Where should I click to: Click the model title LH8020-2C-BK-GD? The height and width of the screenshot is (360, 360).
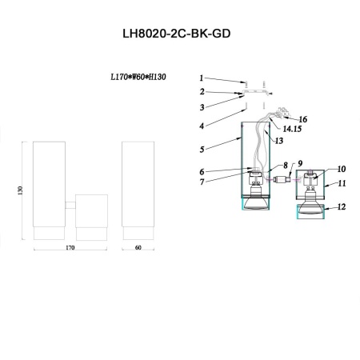(180, 37)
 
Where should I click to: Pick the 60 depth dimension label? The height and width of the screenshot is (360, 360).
(138, 249)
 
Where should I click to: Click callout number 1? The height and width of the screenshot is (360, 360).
(202, 78)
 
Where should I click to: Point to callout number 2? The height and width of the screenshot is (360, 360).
(202, 93)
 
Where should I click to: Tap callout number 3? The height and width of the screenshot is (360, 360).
(202, 106)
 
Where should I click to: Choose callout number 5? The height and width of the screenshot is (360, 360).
(202, 148)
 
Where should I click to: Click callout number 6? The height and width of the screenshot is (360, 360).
(202, 171)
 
